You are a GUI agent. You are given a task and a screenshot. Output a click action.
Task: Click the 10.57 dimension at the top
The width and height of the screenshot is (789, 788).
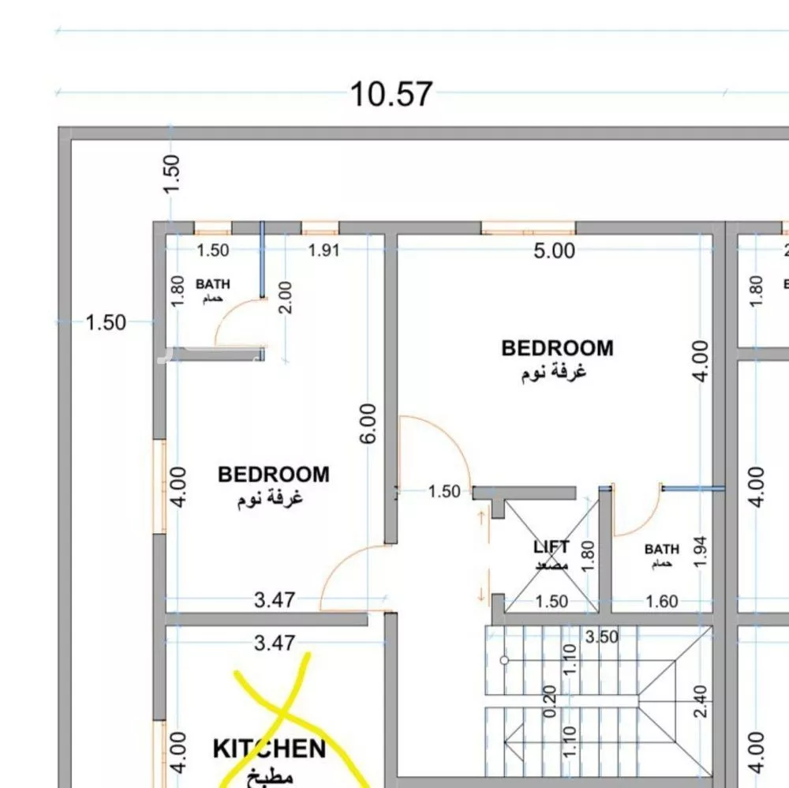pos(391,94)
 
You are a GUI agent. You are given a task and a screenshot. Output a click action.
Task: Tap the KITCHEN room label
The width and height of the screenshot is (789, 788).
pos(269,748)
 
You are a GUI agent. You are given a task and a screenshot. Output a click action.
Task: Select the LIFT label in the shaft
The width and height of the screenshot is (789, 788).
pos(551,546)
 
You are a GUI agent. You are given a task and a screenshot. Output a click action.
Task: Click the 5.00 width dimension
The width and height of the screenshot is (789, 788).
pos(555,251)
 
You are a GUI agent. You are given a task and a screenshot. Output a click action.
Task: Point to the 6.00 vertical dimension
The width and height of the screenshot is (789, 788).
pos(368,424)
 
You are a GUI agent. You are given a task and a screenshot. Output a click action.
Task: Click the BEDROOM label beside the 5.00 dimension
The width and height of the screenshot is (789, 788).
pos(557,348)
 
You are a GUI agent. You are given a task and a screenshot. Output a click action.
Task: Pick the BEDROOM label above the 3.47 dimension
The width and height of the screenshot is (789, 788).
pos(273,475)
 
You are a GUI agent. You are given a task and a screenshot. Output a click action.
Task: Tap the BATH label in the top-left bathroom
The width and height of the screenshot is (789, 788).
pos(213,284)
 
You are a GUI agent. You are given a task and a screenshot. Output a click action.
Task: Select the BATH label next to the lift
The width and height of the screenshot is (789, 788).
pos(661,549)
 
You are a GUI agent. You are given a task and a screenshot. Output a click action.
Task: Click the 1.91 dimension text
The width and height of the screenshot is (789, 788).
pos(323,251)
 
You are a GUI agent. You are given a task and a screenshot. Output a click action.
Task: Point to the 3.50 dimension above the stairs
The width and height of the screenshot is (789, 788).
pos(603,636)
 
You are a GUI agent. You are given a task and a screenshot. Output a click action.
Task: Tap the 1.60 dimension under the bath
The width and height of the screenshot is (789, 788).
pos(661,602)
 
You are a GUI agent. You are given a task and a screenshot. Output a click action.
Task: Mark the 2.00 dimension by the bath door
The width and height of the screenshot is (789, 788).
pos(286,298)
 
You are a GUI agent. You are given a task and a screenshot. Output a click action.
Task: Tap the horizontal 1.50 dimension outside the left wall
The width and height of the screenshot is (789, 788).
pos(106,322)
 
